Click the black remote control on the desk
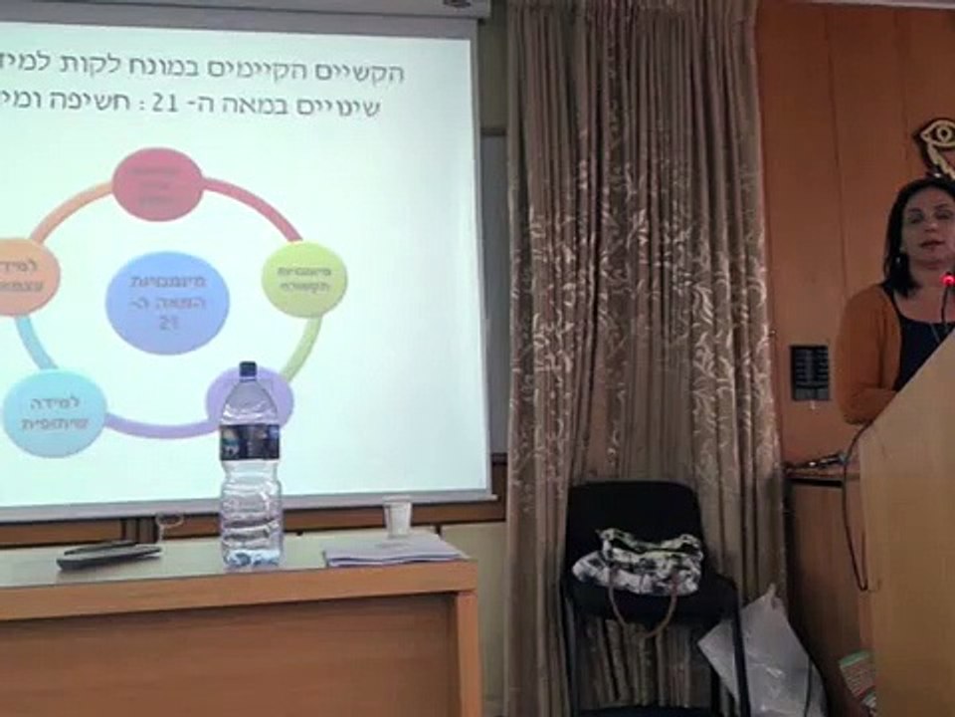click(108, 556)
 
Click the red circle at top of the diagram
click(157, 184)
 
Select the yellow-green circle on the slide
click(304, 280)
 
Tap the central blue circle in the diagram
click(167, 303)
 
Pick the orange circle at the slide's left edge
click(24, 276)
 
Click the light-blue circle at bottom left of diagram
click(55, 412)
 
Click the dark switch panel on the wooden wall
click(809, 372)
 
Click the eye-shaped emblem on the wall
click(935, 145)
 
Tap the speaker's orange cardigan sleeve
click(860, 358)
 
